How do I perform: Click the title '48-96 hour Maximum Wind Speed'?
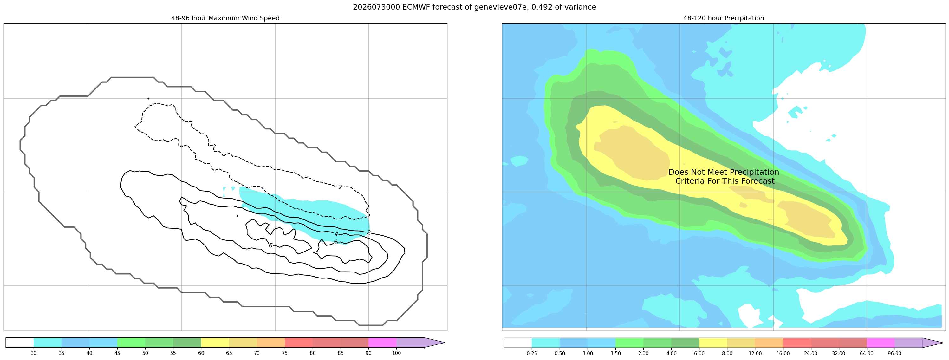[x=225, y=18]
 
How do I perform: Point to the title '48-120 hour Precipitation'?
[x=724, y=18]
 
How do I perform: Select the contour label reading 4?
[x=336, y=234]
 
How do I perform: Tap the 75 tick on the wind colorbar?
[x=285, y=353]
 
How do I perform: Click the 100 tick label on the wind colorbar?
[x=396, y=353]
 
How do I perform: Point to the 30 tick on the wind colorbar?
[x=34, y=353]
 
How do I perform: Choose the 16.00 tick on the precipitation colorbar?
[x=783, y=353]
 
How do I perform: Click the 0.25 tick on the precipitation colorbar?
[x=532, y=353]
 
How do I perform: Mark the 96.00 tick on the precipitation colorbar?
[x=894, y=353]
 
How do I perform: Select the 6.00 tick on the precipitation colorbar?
[x=699, y=353]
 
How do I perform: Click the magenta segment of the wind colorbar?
[x=382, y=343]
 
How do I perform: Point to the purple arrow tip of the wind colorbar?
[x=445, y=343]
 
